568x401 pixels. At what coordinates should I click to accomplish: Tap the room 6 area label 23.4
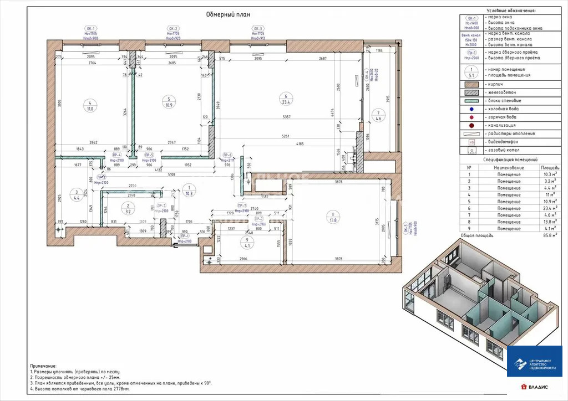point(285,101)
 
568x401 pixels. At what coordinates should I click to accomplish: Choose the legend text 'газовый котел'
point(505,150)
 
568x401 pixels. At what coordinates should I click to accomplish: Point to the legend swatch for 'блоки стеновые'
point(471,101)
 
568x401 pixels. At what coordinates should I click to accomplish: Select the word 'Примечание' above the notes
point(43,366)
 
